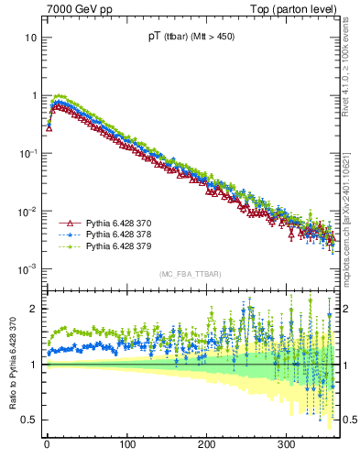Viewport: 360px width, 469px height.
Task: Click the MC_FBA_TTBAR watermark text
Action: click(189, 274)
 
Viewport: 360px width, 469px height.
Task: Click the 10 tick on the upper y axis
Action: click(31, 38)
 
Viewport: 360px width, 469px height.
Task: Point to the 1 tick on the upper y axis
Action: click(34, 96)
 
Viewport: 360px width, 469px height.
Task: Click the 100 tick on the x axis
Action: click(126, 445)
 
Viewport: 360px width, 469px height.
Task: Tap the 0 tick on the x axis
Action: click(47, 445)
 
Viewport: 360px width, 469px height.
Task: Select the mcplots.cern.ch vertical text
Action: click(352, 211)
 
